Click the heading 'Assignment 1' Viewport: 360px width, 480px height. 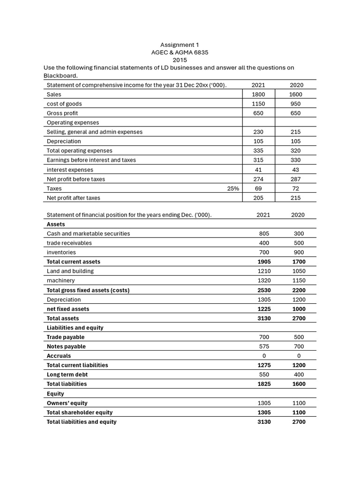click(x=180, y=45)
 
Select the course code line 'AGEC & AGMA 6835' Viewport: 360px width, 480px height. click(x=180, y=52)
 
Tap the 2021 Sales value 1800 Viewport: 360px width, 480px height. click(x=258, y=94)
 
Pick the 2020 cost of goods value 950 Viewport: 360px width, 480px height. click(x=296, y=104)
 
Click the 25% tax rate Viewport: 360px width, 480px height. click(x=233, y=188)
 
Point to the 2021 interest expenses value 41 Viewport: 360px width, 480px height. click(x=258, y=170)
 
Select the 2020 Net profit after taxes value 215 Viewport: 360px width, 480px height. click(x=296, y=198)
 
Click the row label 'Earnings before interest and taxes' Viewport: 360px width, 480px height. click(x=91, y=160)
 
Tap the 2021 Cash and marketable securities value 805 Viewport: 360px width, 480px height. click(x=264, y=233)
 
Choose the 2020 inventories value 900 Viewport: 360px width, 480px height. click(x=299, y=252)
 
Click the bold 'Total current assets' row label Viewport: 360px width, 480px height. click(x=74, y=262)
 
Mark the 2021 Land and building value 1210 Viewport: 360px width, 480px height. click(x=264, y=271)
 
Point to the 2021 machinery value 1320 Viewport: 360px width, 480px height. click(x=264, y=280)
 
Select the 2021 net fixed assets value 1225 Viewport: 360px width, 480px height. click(x=264, y=309)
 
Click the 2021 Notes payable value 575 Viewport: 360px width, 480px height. click(x=264, y=346)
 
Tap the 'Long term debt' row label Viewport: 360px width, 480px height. click(x=67, y=375)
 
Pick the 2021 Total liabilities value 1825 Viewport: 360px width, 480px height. click(x=264, y=384)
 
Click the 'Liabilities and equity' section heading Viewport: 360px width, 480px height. click(x=75, y=328)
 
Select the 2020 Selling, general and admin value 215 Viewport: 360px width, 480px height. click(x=296, y=132)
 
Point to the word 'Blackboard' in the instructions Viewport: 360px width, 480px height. click(x=60, y=75)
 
